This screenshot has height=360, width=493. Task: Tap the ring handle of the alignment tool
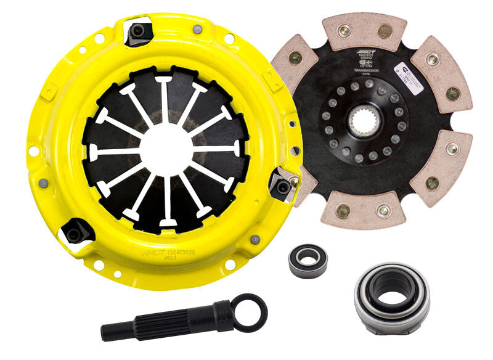point(250,312)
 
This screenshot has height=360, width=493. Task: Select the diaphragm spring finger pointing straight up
point(165,99)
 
